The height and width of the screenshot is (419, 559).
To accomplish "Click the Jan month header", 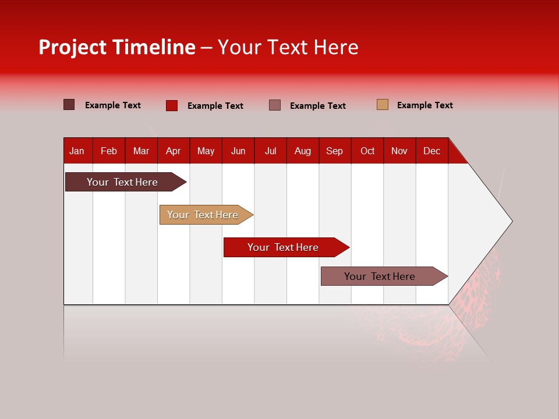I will point(77,151).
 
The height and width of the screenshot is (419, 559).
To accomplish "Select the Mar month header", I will point(141,151).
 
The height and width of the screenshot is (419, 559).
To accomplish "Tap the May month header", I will point(206,151).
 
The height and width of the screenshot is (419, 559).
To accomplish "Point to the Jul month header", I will point(270,151).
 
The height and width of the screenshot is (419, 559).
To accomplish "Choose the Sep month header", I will point(334,151).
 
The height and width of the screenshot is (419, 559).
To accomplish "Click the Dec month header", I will point(431,151).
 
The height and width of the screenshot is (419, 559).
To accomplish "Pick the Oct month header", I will point(367,151).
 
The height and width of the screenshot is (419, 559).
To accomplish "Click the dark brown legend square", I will point(69,105).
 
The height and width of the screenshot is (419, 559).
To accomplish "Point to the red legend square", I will point(172,105).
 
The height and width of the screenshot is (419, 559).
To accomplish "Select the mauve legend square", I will point(275,105).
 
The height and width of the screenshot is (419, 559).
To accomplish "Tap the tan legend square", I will point(383,105).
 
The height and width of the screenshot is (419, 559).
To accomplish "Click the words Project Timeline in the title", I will point(117,47).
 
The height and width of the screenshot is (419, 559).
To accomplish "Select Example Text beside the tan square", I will point(424,105).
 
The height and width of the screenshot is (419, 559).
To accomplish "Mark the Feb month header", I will point(109,151).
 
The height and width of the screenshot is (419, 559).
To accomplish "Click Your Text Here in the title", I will point(288,47).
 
